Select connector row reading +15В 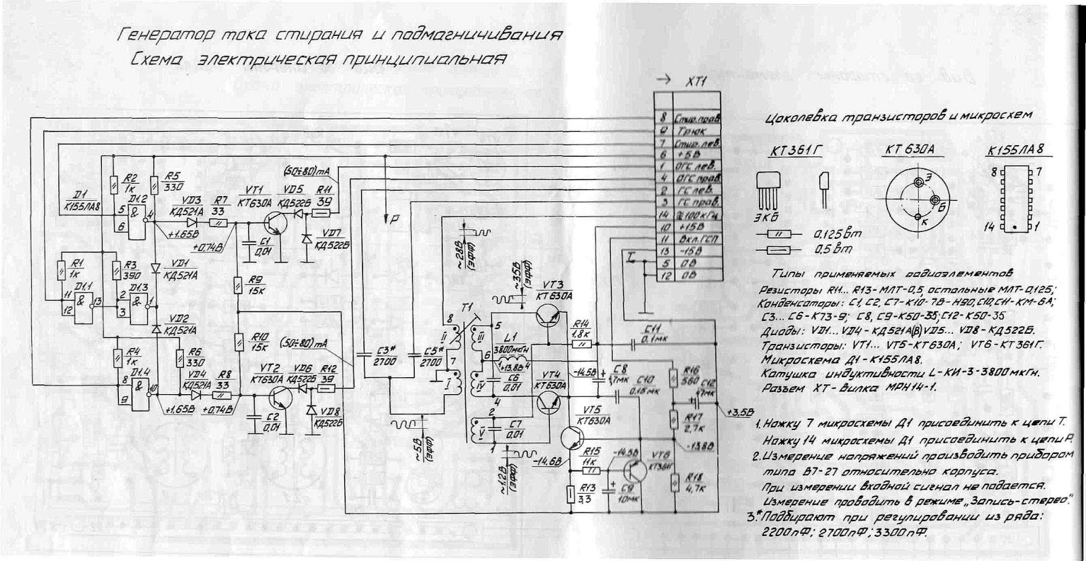click(x=688, y=227)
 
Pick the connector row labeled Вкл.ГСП click(x=688, y=239)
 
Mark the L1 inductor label click(x=505, y=337)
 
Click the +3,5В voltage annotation click(x=738, y=411)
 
